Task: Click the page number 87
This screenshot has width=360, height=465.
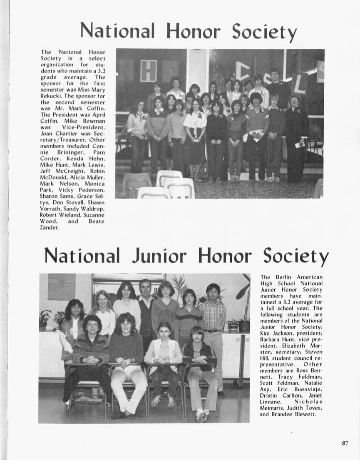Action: [x=345, y=443]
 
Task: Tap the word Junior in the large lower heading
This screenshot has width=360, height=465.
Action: [x=159, y=255]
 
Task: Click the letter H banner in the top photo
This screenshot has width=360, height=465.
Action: [x=148, y=70]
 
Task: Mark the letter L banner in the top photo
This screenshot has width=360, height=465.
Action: [x=300, y=84]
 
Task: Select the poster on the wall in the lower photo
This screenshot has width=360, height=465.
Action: [x=62, y=287]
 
